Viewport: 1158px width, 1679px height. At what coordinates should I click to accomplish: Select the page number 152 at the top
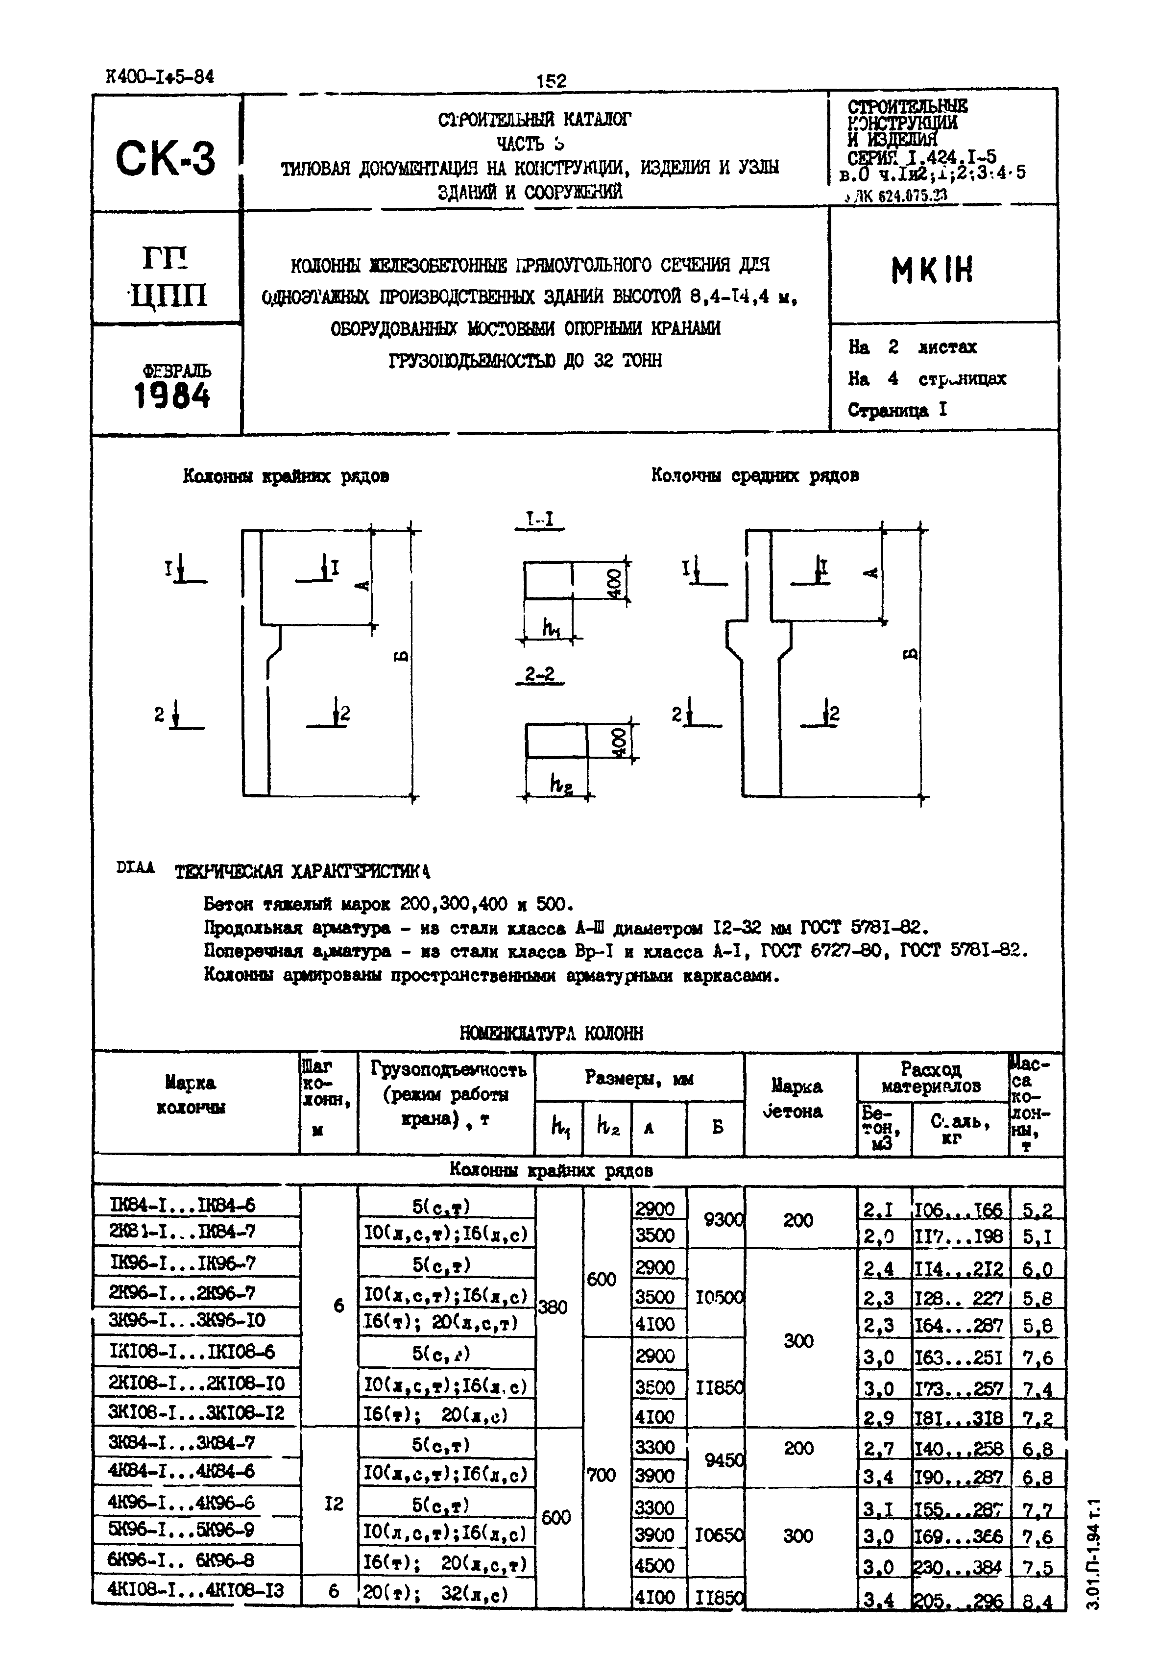click(x=552, y=80)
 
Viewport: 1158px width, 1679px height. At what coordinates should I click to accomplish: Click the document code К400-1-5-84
click(x=160, y=77)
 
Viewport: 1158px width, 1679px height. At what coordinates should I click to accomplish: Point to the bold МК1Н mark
click(x=932, y=270)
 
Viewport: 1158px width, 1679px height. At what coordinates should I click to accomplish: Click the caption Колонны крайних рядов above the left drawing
click(x=286, y=476)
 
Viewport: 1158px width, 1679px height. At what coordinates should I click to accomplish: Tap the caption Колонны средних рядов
click(x=754, y=475)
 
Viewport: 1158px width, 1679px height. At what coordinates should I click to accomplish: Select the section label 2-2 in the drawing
click(x=539, y=675)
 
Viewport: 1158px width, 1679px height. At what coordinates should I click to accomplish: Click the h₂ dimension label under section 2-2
click(x=559, y=783)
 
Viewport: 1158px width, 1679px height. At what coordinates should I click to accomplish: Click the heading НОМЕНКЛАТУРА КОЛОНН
click(x=552, y=1032)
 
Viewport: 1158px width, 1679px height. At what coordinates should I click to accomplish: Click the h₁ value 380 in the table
click(x=553, y=1307)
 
